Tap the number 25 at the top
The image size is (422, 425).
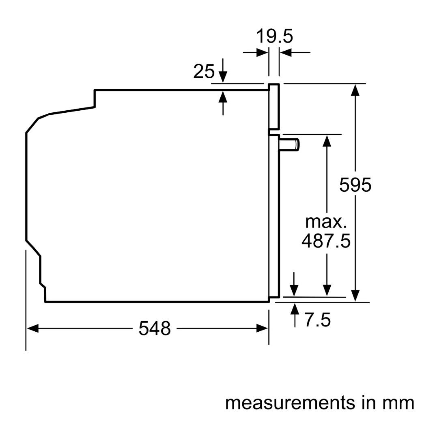pos(204,71)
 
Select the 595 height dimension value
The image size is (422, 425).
pos(355,185)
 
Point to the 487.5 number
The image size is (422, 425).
pos(326,241)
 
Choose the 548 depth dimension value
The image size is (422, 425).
pos(155,328)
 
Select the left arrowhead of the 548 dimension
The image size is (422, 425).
pos(32,328)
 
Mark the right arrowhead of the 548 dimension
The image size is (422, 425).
pos(262,328)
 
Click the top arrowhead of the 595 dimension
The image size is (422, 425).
pos(355,90)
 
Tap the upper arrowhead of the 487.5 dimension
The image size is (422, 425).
pos(327,141)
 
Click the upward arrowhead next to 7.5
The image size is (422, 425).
pos(295,309)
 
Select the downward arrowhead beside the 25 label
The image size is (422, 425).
pos(223,77)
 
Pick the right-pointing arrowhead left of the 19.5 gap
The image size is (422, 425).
pos(262,52)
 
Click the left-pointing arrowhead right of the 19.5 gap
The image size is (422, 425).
pos(286,52)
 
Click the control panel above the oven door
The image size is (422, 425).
pos(274,107)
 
